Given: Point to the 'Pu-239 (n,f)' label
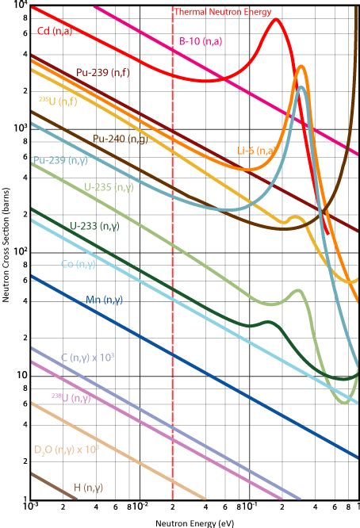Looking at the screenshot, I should [x=103, y=72].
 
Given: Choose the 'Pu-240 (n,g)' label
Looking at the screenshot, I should [x=120, y=139].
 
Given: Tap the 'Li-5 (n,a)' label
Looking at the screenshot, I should [x=257, y=150].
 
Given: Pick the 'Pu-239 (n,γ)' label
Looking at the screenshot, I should [x=60, y=159].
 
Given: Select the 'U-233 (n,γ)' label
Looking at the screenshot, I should [x=94, y=226].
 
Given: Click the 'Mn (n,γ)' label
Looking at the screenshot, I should [x=104, y=300].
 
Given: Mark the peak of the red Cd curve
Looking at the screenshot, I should [x=275, y=19].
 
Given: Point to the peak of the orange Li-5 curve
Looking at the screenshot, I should [x=301, y=67].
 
